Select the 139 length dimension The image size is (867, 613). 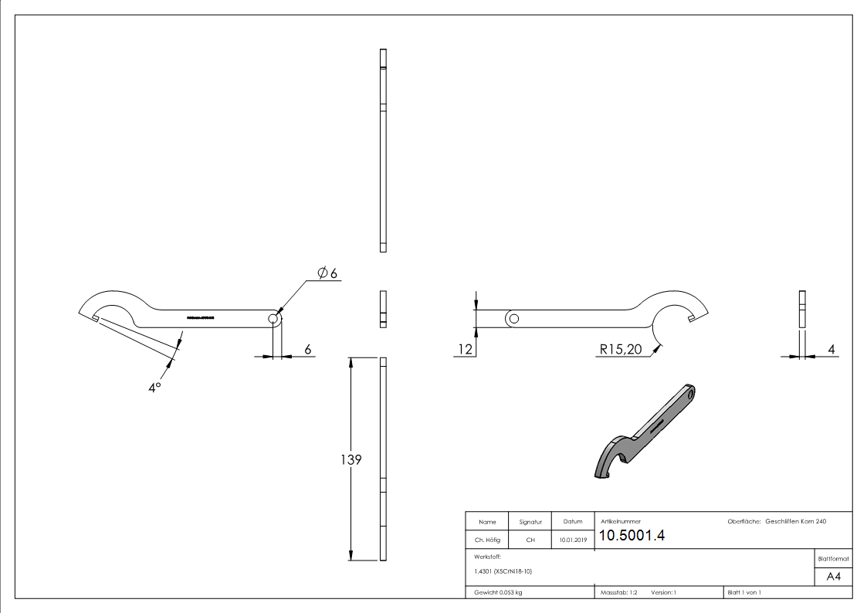[x=351, y=459]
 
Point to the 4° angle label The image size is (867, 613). [x=154, y=387]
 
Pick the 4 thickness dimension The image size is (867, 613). [x=831, y=349]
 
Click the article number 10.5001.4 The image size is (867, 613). [x=632, y=537]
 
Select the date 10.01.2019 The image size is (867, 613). [x=572, y=540]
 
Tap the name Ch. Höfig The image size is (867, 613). [x=487, y=540]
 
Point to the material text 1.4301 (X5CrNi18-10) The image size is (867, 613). [x=503, y=571]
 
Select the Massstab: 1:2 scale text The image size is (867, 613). [x=619, y=592]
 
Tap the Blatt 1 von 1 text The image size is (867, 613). [x=744, y=592]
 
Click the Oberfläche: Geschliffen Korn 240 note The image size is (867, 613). [x=777, y=522]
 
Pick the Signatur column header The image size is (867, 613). [x=530, y=522]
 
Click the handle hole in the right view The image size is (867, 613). [x=514, y=318]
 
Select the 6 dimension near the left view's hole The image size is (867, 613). [x=307, y=349]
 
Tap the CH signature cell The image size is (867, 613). [x=530, y=540]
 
